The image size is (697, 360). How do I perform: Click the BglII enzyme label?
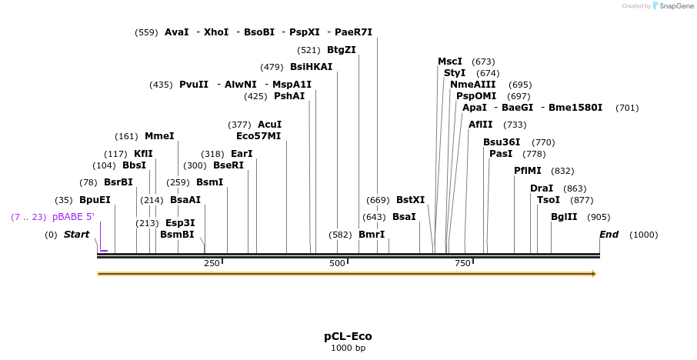(x=564, y=217)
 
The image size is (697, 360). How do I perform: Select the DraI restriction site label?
(x=542, y=188)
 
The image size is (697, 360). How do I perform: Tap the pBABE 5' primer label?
(x=73, y=217)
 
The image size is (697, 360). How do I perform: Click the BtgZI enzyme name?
(x=342, y=50)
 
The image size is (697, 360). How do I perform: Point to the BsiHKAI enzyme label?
(x=312, y=67)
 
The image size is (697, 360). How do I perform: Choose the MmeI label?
(x=159, y=136)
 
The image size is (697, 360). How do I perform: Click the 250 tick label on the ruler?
(x=212, y=264)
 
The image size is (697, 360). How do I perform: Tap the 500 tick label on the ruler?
(x=337, y=264)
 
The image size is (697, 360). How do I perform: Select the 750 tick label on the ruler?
(x=463, y=264)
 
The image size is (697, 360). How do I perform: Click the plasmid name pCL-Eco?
(x=348, y=337)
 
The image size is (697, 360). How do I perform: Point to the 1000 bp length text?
(x=348, y=348)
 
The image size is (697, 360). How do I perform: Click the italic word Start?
(x=76, y=235)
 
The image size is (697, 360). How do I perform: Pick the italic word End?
(x=609, y=235)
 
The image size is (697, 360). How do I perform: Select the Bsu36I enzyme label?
(x=502, y=142)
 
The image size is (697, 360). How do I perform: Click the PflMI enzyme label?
(x=528, y=171)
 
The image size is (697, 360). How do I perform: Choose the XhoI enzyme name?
(x=216, y=32)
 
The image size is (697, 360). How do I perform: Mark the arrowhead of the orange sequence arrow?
(x=593, y=273)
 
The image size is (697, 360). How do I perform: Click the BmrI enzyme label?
(x=372, y=235)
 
